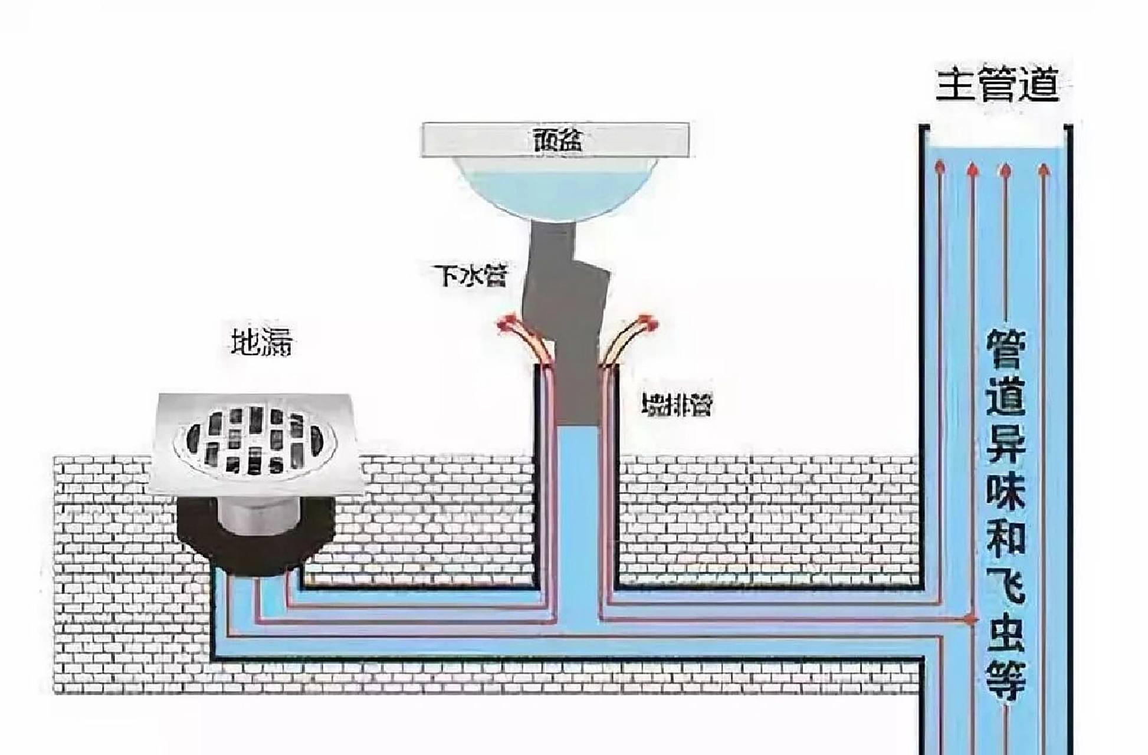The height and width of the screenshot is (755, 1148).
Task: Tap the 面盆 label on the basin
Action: (556, 140)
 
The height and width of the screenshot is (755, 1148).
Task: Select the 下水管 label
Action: (471, 275)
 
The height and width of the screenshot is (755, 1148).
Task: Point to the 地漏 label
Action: (261, 342)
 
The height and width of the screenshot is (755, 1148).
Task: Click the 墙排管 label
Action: (677, 405)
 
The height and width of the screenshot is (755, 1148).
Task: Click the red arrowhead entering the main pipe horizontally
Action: (969, 619)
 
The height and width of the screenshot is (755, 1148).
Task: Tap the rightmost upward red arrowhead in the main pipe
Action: (1044, 170)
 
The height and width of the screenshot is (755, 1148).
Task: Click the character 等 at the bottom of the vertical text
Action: (1006, 679)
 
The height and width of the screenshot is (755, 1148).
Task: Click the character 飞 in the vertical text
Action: (1006, 585)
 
